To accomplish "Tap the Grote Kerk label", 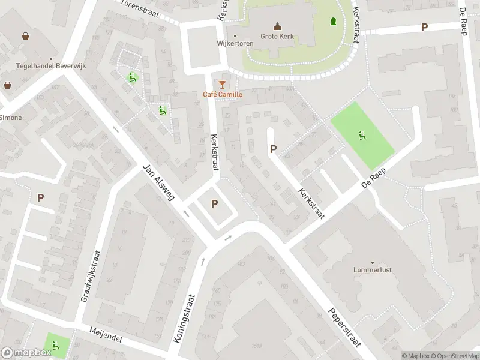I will (277, 36).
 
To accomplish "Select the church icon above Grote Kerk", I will (277, 26).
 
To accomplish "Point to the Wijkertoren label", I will (235, 43).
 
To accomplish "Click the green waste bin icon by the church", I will (333, 22).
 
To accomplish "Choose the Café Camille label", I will (222, 94).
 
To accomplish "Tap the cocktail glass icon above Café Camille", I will (222, 83).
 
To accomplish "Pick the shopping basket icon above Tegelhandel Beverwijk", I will (26, 36).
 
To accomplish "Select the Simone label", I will (11, 118).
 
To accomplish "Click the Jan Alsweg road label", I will (158, 183).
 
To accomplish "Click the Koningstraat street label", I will (185, 318).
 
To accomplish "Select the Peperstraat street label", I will (344, 328).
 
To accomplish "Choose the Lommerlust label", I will (373, 270).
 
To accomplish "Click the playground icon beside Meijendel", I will (55, 345).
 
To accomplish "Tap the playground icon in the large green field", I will (362, 135).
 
